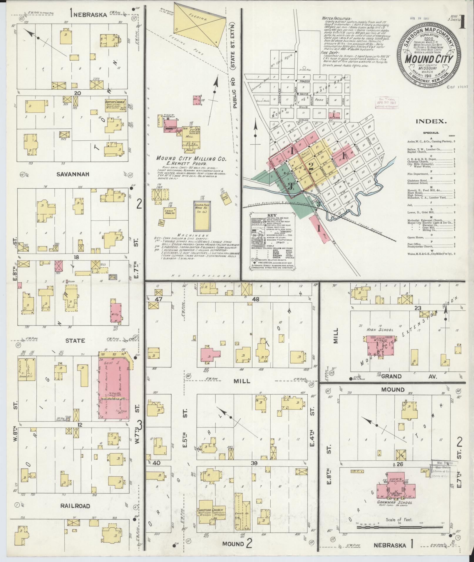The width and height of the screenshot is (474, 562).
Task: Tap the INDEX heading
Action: (431, 121)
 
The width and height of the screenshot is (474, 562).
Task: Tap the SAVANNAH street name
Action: (73, 174)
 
